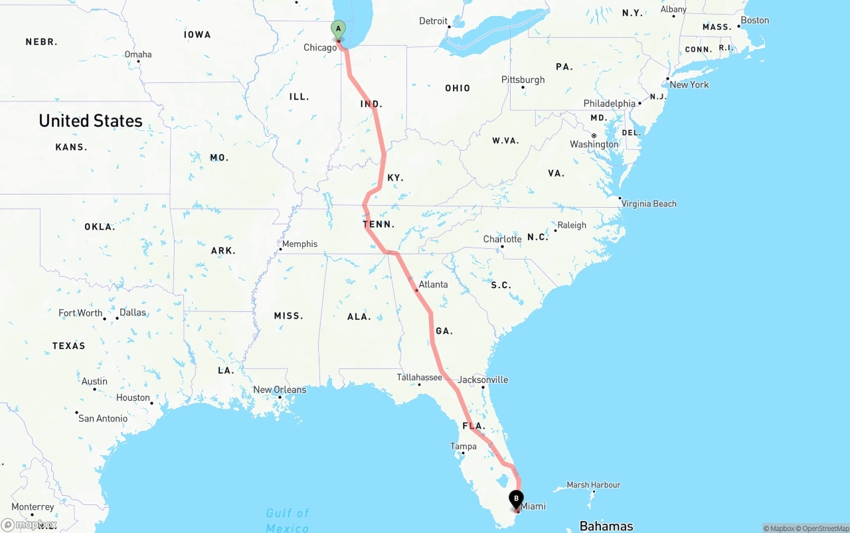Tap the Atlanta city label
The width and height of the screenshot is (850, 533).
click(x=433, y=284)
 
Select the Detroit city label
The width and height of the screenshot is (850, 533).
click(x=433, y=21)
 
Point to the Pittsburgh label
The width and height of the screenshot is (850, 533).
click(x=523, y=80)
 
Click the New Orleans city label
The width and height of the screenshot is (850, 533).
click(x=280, y=390)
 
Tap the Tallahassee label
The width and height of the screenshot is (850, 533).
click(x=419, y=377)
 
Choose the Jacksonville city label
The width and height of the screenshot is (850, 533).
click(x=483, y=380)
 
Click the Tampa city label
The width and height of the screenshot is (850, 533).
click(x=463, y=446)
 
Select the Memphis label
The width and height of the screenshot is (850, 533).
click(x=299, y=244)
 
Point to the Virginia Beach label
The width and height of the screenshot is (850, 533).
click(x=648, y=204)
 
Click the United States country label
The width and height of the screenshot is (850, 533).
click(x=90, y=121)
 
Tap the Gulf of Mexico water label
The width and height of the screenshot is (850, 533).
click(x=288, y=520)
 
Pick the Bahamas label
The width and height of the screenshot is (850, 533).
click(x=606, y=526)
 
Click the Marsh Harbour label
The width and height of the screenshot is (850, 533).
click(x=593, y=485)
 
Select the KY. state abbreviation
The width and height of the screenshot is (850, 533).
click(x=395, y=178)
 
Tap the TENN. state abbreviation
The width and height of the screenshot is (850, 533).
click(x=379, y=224)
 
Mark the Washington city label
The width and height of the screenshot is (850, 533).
click(x=594, y=144)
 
